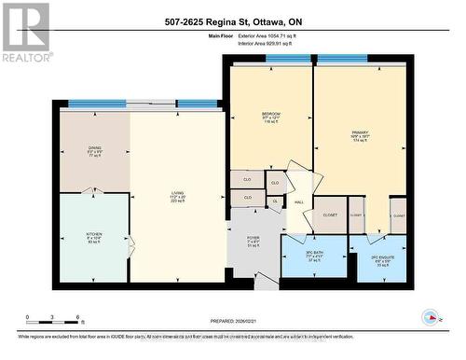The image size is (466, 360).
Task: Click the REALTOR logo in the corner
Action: (x=25, y=32)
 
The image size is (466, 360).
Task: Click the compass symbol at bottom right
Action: (x=431, y=317)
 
